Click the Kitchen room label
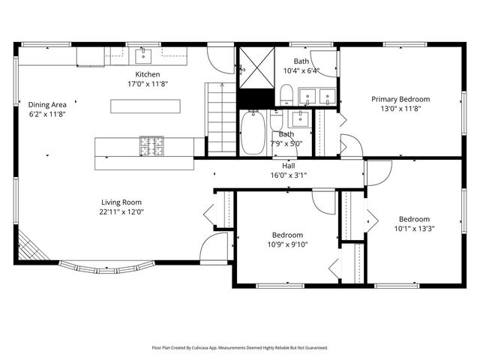(x=147, y=74)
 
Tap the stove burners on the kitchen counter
(x=149, y=145)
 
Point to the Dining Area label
(x=47, y=104)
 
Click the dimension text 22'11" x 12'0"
(x=121, y=211)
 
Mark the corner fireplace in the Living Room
(x=27, y=245)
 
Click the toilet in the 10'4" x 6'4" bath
(x=285, y=94)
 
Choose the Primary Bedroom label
(x=401, y=99)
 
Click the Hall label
(x=288, y=166)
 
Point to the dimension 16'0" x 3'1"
(x=288, y=175)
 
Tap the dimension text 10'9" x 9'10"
(x=287, y=244)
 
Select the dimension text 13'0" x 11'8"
(x=401, y=108)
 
